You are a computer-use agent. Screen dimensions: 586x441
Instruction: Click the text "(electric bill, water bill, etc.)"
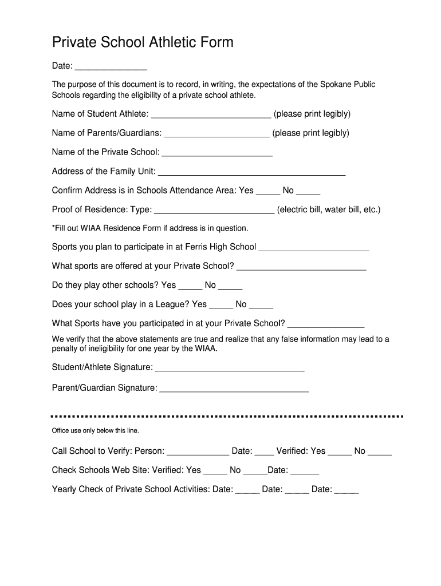[x=329, y=209]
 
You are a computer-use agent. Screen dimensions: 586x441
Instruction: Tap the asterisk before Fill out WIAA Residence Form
[x=54, y=228]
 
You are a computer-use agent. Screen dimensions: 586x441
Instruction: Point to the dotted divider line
[x=227, y=416]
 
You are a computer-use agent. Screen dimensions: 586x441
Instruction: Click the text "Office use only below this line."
[x=96, y=430]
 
